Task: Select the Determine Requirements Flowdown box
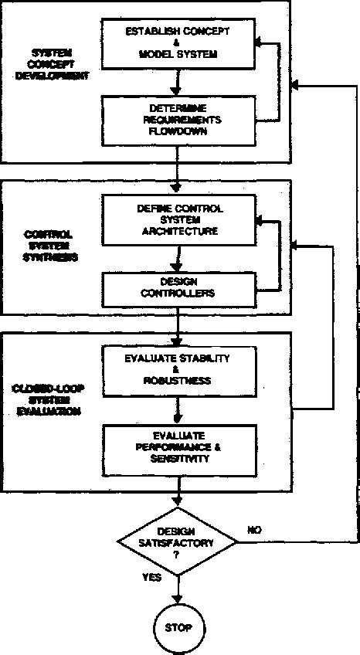click(178, 120)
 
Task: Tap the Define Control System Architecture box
click(178, 219)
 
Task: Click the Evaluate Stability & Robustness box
click(178, 369)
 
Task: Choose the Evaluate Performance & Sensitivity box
click(178, 447)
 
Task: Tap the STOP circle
click(178, 628)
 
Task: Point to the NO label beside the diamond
click(254, 530)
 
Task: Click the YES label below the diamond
click(151, 577)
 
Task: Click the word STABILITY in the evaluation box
click(202, 358)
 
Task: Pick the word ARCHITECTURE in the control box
click(178, 230)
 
